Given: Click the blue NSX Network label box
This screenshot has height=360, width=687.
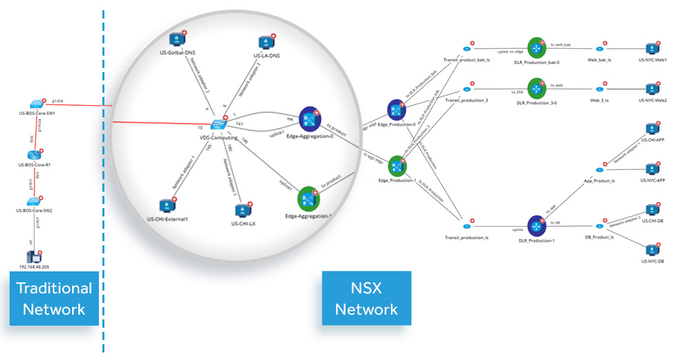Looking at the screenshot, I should coord(366,298).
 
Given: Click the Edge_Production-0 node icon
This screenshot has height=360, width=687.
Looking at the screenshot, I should coord(397,109).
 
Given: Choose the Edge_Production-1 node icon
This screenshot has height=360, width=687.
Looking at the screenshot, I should coord(397,166).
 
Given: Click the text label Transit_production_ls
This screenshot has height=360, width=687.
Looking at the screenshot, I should coord(466,238).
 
